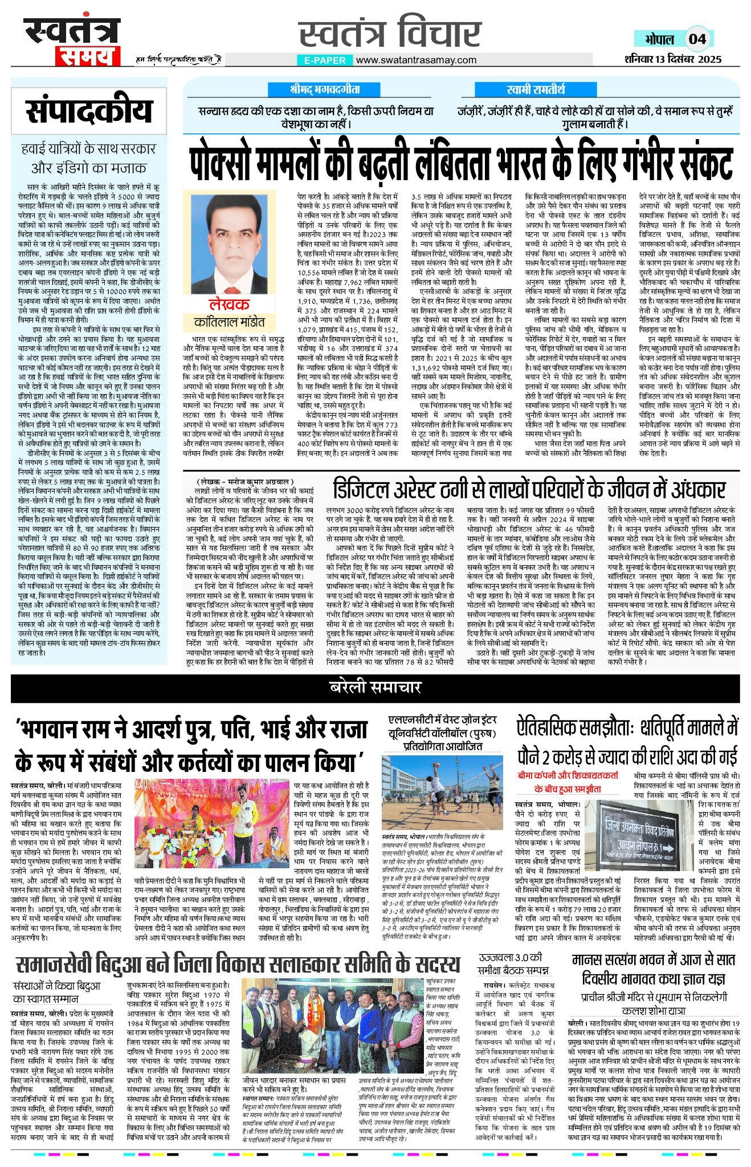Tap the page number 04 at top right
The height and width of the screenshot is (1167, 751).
click(697, 39)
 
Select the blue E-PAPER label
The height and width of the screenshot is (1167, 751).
click(322, 60)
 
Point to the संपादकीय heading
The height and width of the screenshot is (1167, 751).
click(89, 111)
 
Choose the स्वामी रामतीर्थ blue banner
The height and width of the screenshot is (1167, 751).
click(535, 90)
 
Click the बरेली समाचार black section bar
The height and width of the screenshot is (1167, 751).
click(375, 688)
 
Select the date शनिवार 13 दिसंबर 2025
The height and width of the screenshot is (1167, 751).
click(672, 59)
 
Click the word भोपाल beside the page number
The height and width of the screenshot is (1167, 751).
click(659, 39)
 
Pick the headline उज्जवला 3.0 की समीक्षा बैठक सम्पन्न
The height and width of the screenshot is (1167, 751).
click(513, 963)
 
